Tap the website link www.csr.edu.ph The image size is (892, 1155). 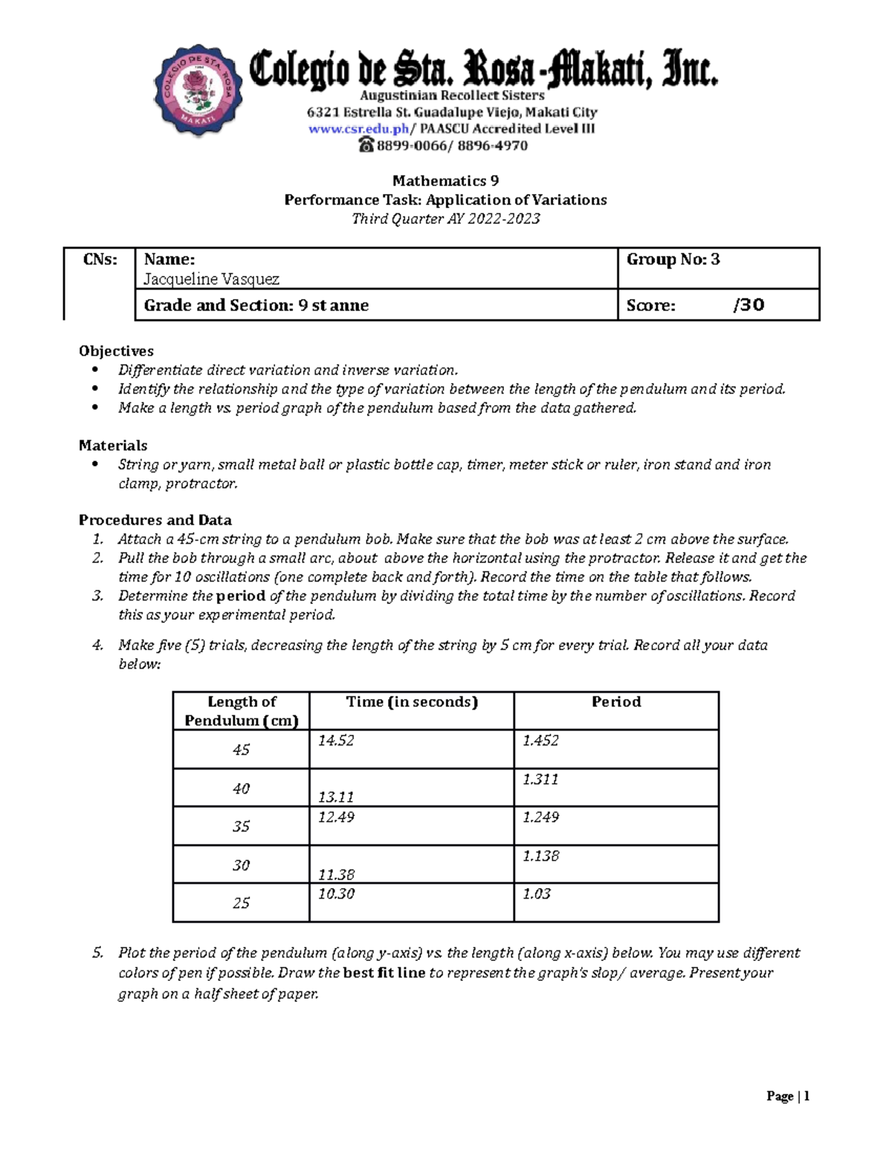tap(358, 129)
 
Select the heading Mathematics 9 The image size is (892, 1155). tap(445, 181)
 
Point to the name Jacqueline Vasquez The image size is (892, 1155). tap(212, 279)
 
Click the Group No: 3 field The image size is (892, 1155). tap(673, 260)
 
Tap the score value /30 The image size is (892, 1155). tap(749, 305)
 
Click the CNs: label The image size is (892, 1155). tap(100, 260)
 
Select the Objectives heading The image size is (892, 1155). tap(116, 351)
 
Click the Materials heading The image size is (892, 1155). tap(113, 445)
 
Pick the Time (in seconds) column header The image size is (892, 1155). tap(411, 702)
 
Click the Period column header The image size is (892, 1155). tap(615, 702)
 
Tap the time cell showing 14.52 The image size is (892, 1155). tap(336, 741)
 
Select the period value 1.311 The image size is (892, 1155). tap(540, 779)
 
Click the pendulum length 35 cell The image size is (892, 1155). tap(241, 826)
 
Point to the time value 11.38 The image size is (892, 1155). tap(336, 875)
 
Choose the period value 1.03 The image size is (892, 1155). tap(536, 894)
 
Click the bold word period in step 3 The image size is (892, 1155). tap(241, 596)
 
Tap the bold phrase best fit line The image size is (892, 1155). tap(384, 973)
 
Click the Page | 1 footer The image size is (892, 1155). tap(788, 1096)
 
